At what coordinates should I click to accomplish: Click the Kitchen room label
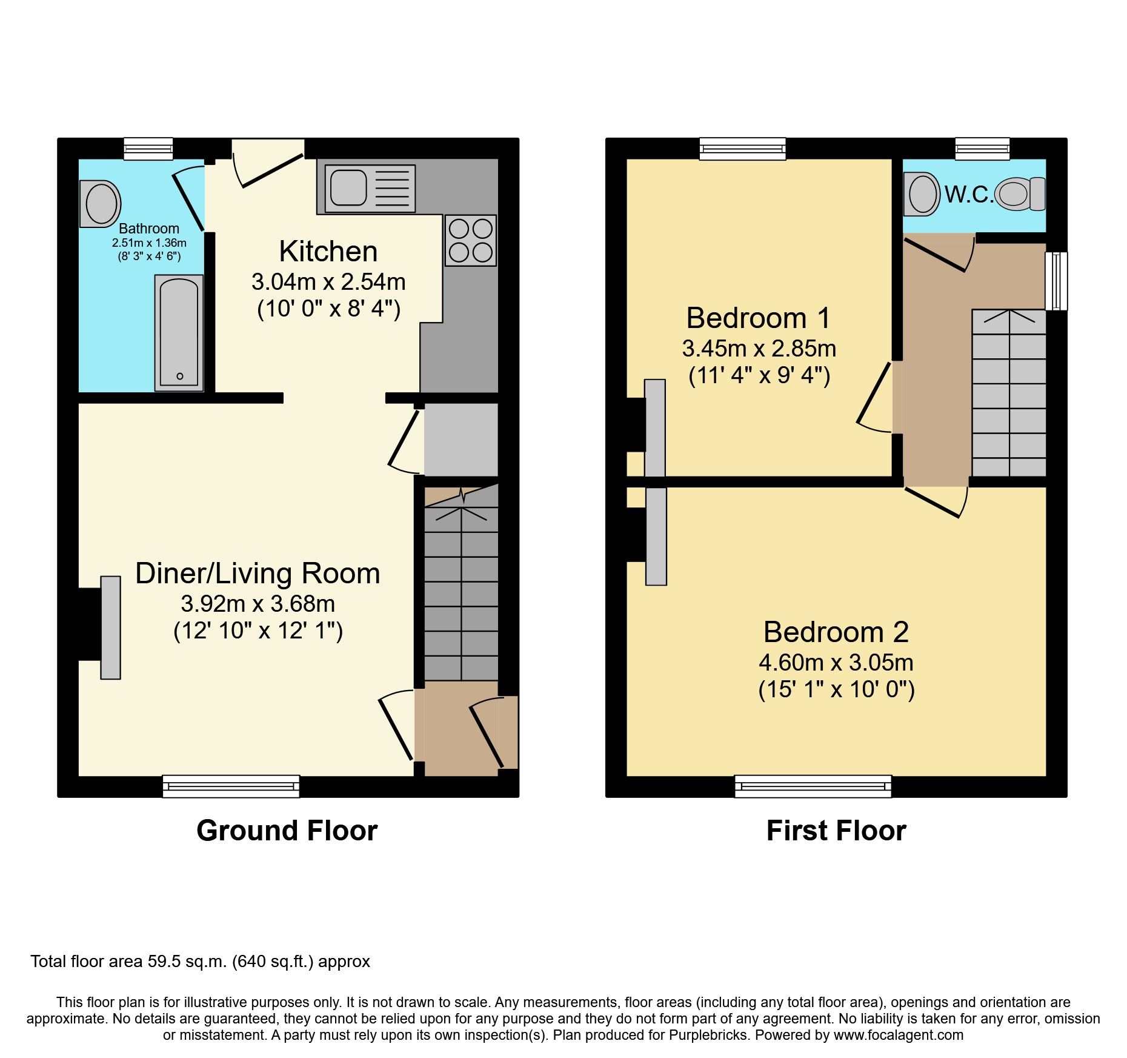click(x=328, y=251)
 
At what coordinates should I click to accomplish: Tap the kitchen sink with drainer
click(x=370, y=188)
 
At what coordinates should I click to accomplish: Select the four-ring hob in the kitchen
click(x=470, y=240)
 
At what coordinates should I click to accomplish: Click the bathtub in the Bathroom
click(x=179, y=332)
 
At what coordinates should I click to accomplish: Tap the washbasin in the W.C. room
click(x=922, y=194)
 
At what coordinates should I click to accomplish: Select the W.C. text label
click(x=968, y=195)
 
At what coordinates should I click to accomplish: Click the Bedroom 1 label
click(x=758, y=318)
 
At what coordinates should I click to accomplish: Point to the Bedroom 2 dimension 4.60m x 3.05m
click(x=836, y=663)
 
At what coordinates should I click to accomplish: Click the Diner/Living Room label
click(x=258, y=574)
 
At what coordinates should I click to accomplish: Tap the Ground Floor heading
click(x=287, y=831)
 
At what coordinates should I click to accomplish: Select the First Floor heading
click(x=836, y=831)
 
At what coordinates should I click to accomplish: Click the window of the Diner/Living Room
click(x=231, y=786)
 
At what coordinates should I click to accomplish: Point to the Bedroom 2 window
click(x=813, y=786)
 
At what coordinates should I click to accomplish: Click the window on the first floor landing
click(x=1056, y=281)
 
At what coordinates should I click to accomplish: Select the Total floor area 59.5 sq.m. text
click(x=200, y=962)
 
